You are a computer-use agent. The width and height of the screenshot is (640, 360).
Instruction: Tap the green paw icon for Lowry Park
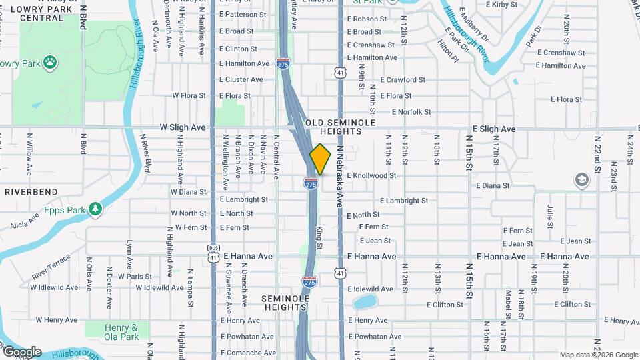pos(51,63)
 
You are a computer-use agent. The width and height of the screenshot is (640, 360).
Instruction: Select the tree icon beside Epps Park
pos(96,209)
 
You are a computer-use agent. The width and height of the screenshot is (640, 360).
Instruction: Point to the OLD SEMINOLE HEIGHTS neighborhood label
pos(341,127)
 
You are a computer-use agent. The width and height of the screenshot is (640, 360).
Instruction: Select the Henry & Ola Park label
pos(121,332)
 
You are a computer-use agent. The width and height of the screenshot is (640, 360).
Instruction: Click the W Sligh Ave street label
pos(183,127)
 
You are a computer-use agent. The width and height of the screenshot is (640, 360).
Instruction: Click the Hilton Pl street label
pos(448,51)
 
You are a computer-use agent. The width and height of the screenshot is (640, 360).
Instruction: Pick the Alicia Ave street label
pos(25,225)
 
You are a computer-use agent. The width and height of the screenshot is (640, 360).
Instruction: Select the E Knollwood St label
pos(371,175)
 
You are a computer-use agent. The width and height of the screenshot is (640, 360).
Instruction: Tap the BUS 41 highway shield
pos(213,253)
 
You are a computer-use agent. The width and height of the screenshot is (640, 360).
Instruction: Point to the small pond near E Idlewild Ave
pos(364,302)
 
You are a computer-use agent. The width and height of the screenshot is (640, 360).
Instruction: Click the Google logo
pos(21,352)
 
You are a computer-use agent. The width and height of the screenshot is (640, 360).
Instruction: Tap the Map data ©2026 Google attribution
pos(598,355)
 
